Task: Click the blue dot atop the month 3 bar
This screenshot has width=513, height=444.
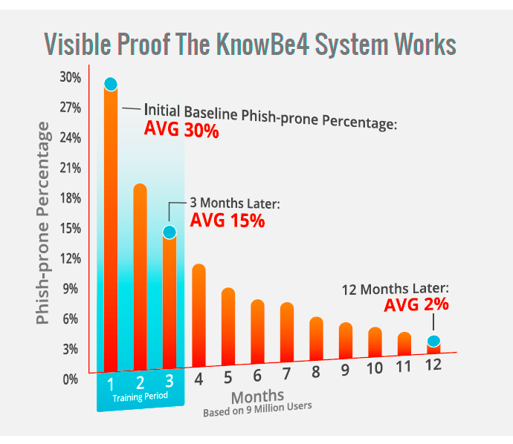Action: [170, 232]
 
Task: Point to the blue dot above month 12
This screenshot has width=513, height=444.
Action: [433, 342]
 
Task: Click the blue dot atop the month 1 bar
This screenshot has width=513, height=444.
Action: [111, 84]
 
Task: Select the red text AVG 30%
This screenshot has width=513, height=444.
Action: [181, 131]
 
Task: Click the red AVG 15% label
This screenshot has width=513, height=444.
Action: [228, 221]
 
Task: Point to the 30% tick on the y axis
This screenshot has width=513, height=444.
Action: [70, 77]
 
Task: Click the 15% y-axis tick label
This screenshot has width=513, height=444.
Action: [70, 228]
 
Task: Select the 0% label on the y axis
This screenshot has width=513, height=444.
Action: [70, 379]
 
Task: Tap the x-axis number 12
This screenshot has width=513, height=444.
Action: [434, 365]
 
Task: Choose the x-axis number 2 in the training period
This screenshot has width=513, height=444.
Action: [140, 383]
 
